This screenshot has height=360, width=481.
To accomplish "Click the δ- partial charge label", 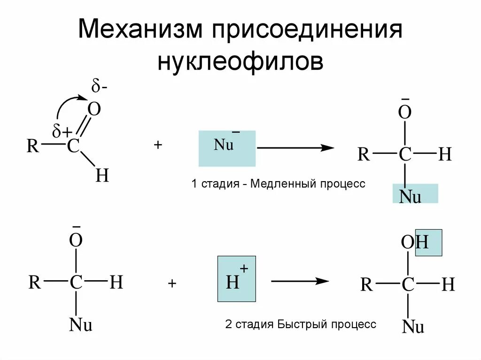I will coord(99,87).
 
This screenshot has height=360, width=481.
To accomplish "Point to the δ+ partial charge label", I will coord(62,133).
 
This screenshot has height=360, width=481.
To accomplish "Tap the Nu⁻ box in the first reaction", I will coord(227,148).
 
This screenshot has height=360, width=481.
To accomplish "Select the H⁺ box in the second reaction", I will coord(236,279).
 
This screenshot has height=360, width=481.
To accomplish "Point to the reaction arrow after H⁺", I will coord(300,281).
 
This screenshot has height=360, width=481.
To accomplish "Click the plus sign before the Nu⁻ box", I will coord(157,146).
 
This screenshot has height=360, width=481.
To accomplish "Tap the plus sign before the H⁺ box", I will coord(172,283).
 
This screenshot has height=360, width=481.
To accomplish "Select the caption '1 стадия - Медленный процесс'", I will coord(278,184).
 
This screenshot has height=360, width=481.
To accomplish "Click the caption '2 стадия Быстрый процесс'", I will coord(301,324).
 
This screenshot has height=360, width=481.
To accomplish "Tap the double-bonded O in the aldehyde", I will coord(94,110).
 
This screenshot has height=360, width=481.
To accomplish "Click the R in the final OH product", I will coord(366,284).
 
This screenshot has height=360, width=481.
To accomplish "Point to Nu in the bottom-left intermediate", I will coord(80,325).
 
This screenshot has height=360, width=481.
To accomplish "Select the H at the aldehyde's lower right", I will coord(102,176).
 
